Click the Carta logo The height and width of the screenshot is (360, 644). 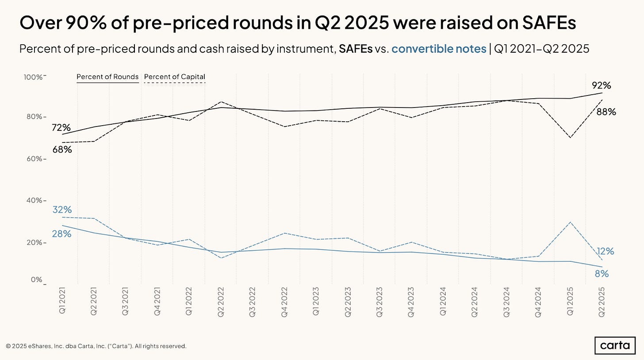[614, 345]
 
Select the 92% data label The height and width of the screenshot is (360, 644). [601, 85]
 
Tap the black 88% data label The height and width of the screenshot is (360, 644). [606, 112]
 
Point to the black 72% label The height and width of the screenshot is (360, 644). [61, 128]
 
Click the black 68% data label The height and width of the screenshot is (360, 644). [62, 149]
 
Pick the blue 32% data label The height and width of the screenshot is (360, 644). [62, 210]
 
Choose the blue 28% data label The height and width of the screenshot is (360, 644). [61, 234]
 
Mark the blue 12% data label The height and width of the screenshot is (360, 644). [605, 251]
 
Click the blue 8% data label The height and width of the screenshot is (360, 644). [602, 274]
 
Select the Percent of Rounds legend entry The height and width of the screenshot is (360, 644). [107, 77]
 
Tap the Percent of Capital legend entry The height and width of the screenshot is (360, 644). [175, 77]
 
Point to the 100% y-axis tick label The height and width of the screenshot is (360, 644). [33, 77]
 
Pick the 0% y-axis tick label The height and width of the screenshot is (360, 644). [37, 280]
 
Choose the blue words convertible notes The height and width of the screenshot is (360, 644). [439, 49]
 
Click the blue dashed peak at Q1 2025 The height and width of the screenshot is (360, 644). [570, 222]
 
